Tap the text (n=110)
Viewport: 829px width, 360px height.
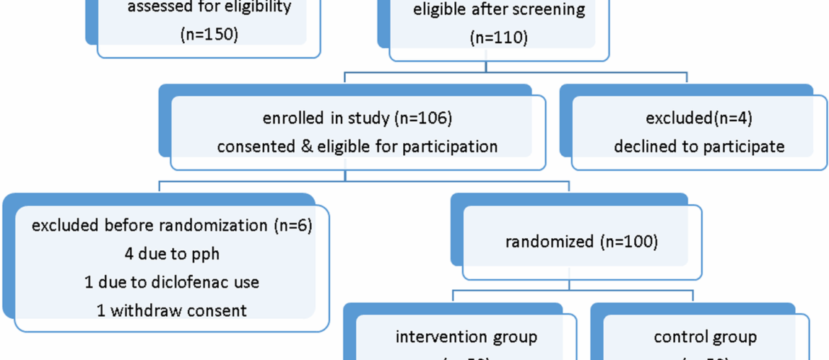(499, 38)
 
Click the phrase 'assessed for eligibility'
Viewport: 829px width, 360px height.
(209, 9)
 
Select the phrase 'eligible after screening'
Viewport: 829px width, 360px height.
(499, 10)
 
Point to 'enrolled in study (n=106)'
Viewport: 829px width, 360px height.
(357, 118)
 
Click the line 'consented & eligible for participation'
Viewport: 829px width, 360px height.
(357, 146)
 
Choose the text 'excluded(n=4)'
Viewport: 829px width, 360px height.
(699, 118)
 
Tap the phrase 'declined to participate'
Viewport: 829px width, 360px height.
(699, 146)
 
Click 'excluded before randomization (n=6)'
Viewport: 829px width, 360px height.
(171, 225)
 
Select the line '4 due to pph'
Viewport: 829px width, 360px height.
(171, 253)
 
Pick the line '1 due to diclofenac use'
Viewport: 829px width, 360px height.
(171, 281)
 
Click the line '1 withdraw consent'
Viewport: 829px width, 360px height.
(171, 310)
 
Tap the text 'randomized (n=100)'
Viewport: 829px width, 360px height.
(581, 241)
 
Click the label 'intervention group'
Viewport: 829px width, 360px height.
(466, 337)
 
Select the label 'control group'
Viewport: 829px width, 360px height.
(705, 337)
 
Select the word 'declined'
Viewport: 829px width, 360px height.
(643, 146)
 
